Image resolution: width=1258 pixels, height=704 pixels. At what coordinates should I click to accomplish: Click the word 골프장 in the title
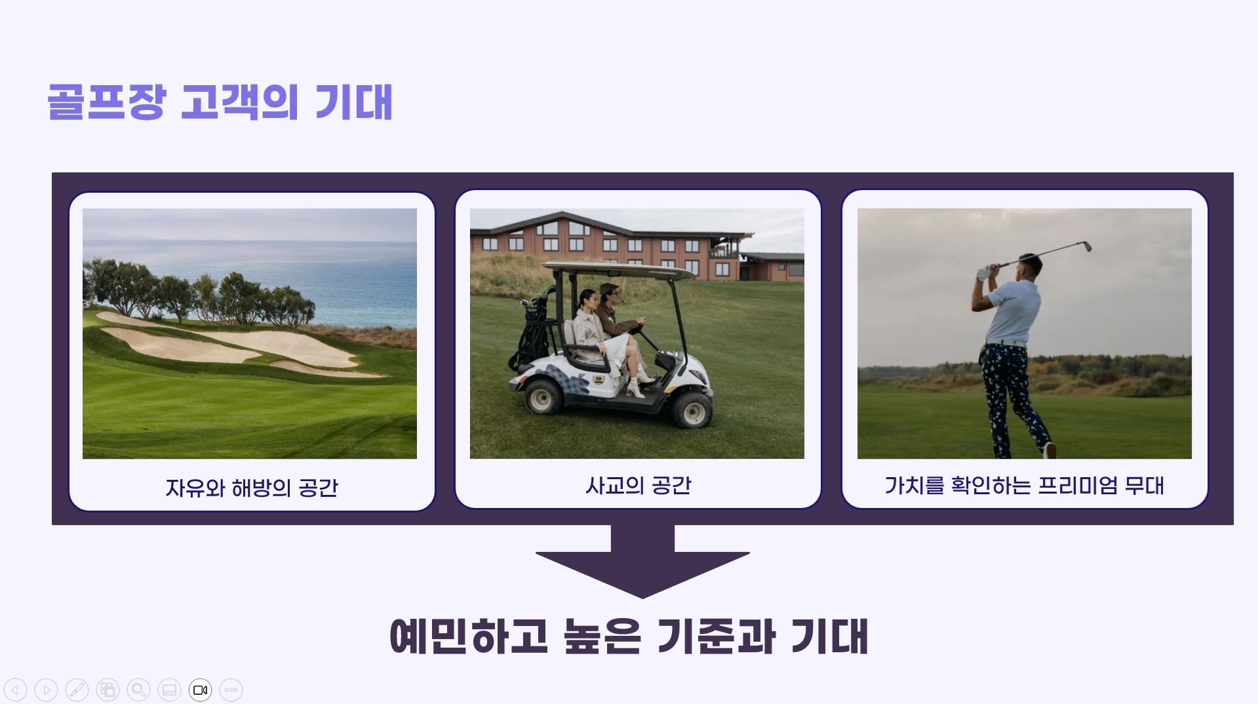click(106, 102)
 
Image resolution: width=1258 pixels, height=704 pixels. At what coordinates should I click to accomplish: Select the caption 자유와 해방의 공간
click(252, 488)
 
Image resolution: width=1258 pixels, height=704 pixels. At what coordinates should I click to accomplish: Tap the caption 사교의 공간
click(639, 485)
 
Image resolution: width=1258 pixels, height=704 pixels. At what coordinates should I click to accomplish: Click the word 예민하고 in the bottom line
click(469, 636)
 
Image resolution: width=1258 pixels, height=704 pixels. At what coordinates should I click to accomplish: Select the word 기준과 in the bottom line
click(717, 636)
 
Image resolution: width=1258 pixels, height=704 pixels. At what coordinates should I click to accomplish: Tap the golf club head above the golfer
click(1085, 246)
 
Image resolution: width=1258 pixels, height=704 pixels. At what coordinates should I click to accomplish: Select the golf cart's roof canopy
click(619, 269)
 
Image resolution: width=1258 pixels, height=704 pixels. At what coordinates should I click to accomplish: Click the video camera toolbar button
click(200, 690)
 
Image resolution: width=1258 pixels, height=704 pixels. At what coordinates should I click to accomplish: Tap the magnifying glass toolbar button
click(138, 690)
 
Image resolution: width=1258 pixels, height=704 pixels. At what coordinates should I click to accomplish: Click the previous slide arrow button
click(16, 690)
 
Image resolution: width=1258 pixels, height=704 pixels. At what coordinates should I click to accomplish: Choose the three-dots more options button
click(231, 690)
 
